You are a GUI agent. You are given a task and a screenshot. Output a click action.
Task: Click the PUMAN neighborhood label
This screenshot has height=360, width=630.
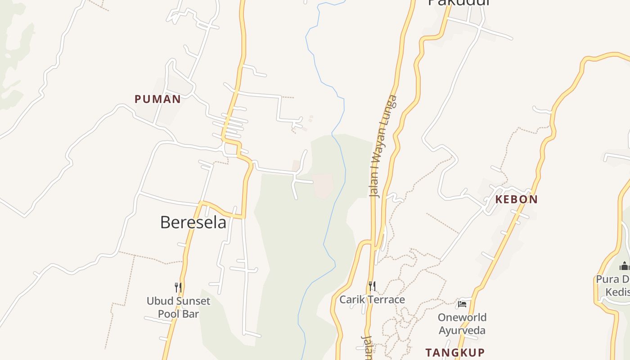[157, 99]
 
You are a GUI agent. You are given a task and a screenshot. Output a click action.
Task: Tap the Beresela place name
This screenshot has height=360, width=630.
[193, 222]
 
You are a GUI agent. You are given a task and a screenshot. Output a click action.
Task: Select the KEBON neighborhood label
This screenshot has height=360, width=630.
[516, 199]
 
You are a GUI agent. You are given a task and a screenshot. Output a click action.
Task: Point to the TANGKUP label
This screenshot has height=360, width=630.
[455, 352]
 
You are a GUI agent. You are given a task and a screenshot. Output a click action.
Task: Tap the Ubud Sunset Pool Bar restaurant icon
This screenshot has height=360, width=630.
[178, 287]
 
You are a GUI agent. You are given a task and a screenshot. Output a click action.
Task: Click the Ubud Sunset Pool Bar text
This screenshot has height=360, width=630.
[178, 307]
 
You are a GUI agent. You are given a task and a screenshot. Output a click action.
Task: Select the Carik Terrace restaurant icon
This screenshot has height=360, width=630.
[372, 286]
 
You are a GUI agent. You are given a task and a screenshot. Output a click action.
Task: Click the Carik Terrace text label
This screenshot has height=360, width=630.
[372, 300]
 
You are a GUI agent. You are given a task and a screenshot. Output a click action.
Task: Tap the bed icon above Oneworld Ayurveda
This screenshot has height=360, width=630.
[462, 304]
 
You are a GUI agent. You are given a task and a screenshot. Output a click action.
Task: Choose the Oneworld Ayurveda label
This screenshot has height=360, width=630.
[462, 324]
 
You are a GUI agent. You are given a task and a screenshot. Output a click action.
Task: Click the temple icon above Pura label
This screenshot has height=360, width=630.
[624, 266]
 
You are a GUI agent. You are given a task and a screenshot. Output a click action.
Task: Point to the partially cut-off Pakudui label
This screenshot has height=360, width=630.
[458, 3]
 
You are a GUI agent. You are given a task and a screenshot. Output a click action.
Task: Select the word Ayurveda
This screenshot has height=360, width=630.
[462, 331]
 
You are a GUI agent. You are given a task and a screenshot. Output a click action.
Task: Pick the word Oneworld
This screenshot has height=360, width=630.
[462, 318]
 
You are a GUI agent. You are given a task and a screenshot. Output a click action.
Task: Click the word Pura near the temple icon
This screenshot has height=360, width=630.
[607, 279]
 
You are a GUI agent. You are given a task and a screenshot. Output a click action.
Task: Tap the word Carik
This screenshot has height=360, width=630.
[351, 300]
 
